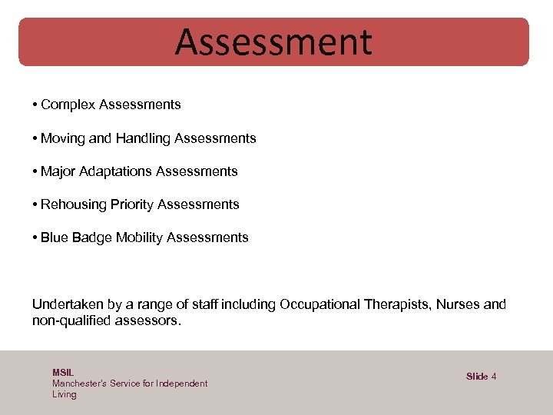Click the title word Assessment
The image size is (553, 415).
tap(273, 42)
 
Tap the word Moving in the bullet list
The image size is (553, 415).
tap(63, 138)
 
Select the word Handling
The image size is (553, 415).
tap(143, 138)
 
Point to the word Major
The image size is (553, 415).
tap(58, 171)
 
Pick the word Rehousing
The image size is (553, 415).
tap(74, 204)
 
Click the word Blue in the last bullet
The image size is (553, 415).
tap(54, 237)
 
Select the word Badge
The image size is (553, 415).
tap(92, 237)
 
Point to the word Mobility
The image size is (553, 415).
tap(139, 237)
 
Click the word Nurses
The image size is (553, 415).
tap(459, 304)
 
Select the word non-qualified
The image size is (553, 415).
tap(71, 321)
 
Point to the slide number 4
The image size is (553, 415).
tap(494, 377)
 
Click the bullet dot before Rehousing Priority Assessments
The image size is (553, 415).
tap(35, 204)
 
